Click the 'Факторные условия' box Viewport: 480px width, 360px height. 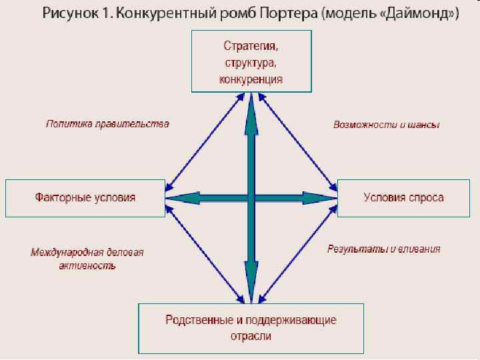pyautogui.click(x=85, y=197)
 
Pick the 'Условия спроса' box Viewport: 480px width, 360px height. pyautogui.click(x=403, y=197)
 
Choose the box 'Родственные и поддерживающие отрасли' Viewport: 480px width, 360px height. pyautogui.click(x=251, y=328)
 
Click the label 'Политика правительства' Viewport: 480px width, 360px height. pyautogui.click(x=107, y=124)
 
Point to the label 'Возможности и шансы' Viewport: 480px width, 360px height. pyautogui.click(x=386, y=125)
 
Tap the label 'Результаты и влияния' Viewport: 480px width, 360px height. pyautogui.click(x=383, y=249)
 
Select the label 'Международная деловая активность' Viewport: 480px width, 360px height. pyautogui.click(x=87, y=259)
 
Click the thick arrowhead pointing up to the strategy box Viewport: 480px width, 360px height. pyautogui.click(x=251, y=108)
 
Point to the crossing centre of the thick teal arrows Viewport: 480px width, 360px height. pyautogui.click(x=251, y=197)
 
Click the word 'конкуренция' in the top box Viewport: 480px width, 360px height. pyautogui.click(x=251, y=79)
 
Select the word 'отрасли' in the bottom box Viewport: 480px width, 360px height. pyautogui.click(x=251, y=336)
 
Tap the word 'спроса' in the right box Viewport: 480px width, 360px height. pyautogui.click(x=427, y=197)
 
